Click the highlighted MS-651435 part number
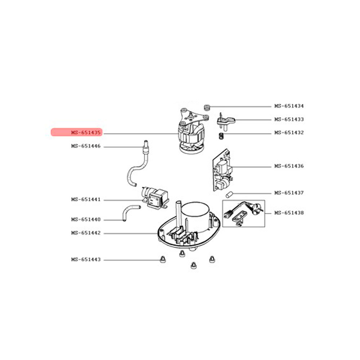pos(86,132)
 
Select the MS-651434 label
pos(289,106)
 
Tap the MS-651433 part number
pos(289,120)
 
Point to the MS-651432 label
pos(289,133)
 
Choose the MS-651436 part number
pos(289,166)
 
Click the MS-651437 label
pos(289,193)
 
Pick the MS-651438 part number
pos(289,213)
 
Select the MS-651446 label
pos(86,146)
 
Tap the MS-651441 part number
pos(86,199)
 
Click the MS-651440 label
pos(86,220)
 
